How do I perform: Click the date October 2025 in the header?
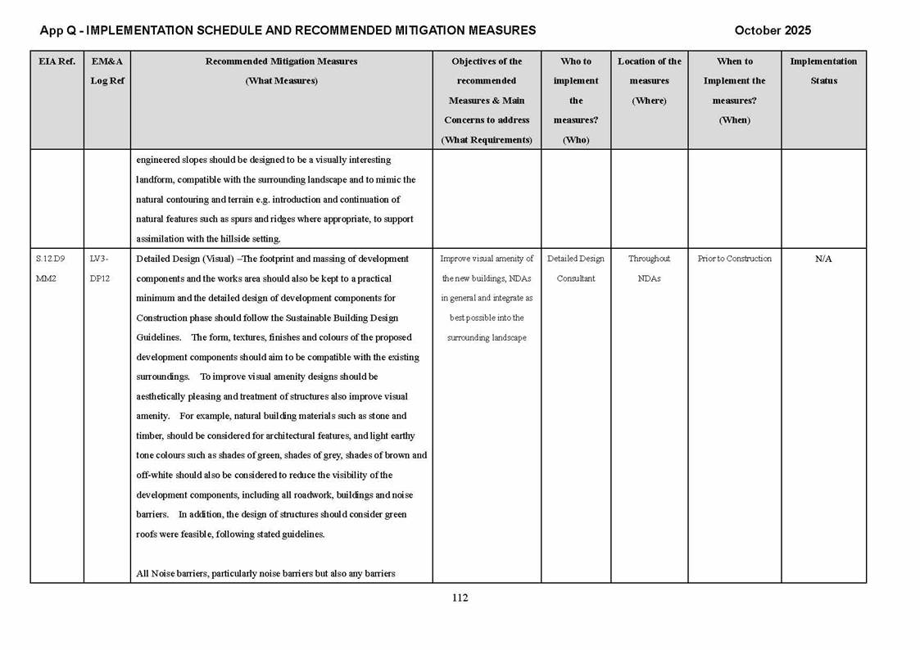pos(772,31)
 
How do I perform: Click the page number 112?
pos(460,598)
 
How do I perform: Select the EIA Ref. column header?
pos(57,61)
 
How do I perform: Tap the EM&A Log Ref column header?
pos(107,71)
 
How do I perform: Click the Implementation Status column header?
pos(823,71)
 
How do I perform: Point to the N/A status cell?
pos(823,259)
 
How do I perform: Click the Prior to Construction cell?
pos(734,259)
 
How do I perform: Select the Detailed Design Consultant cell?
pos(576,269)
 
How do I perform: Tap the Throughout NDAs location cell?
pos(649,269)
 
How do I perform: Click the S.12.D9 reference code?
pos(51,259)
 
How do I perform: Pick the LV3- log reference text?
pos(98,259)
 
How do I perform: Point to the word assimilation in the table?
pos(165,239)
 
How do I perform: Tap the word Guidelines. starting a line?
pos(159,337)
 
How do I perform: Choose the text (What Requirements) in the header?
pos(487,140)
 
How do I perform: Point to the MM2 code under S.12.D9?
pos(46,278)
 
